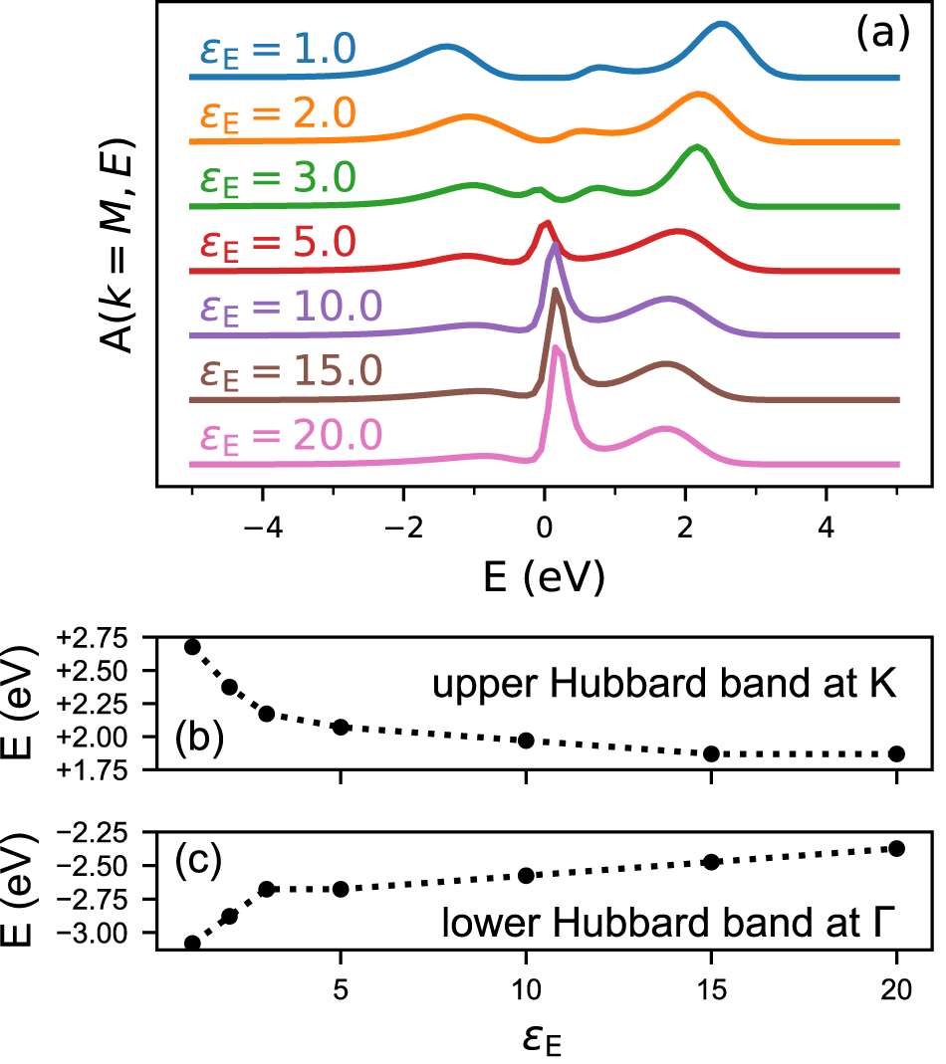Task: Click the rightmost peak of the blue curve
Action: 720,27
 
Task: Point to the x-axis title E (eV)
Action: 545,576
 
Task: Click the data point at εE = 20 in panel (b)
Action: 896,753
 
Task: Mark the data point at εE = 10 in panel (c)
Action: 527,875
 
